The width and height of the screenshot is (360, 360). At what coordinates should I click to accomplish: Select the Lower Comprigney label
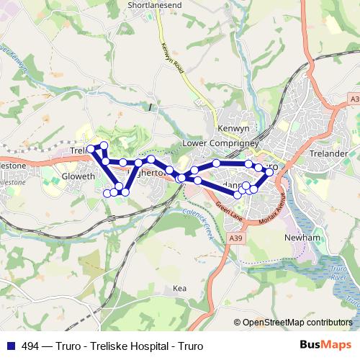pyautogui.click(x=216, y=143)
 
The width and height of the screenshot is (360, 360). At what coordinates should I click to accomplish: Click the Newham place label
pyautogui.click(x=298, y=237)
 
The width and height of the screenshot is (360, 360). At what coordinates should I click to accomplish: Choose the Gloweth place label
pyautogui.click(x=78, y=176)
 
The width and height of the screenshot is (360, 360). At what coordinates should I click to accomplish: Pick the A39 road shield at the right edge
pyautogui.click(x=353, y=98)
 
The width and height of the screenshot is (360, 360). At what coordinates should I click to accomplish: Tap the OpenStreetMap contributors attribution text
pyautogui.click(x=296, y=323)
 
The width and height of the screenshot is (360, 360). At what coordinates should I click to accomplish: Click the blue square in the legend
pyautogui.click(x=9, y=346)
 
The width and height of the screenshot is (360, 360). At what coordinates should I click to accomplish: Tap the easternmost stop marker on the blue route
pyautogui.click(x=270, y=171)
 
